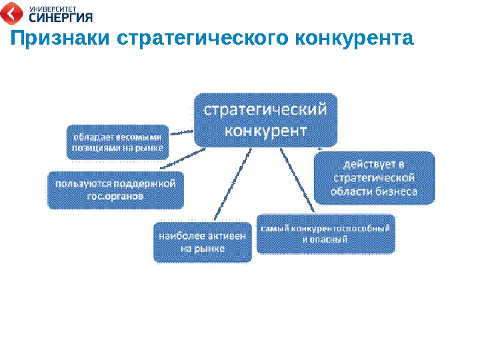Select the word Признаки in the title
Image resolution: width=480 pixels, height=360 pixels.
tap(59, 39)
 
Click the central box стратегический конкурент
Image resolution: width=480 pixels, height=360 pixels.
tap(265, 119)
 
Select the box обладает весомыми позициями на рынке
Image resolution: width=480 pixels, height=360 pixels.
tap(117, 141)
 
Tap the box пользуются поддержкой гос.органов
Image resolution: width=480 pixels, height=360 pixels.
tap(116, 190)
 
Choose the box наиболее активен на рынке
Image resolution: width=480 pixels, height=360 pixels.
tap(203, 241)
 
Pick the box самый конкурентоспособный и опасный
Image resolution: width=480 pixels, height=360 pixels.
tap(325, 233)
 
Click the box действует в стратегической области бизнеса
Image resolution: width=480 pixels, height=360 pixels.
tap(374, 177)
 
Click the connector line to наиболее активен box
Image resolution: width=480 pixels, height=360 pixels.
tap(233, 183)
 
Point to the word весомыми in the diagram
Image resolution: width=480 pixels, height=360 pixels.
tap(140, 135)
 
